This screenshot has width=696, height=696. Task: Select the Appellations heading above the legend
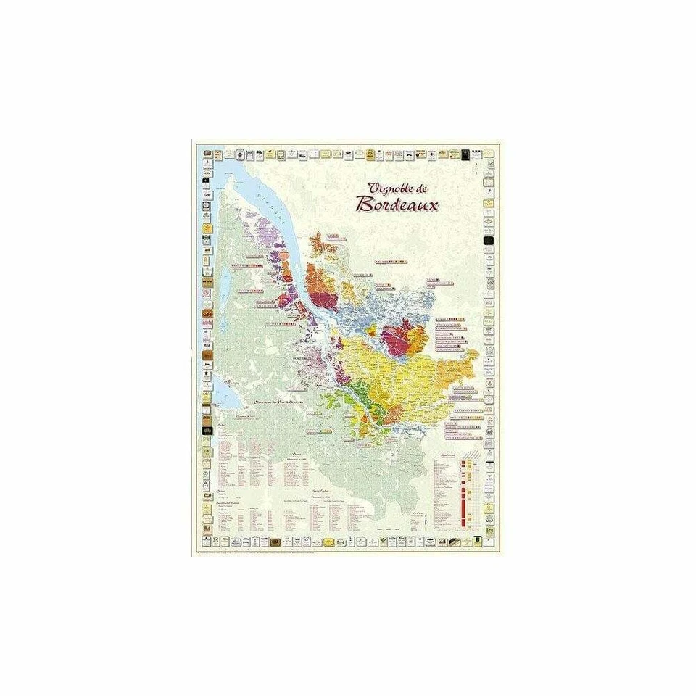click(x=447, y=455)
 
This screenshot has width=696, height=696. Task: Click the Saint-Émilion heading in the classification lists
click(x=316, y=492)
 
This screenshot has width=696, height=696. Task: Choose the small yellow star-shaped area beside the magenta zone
click(x=371, y=331)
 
